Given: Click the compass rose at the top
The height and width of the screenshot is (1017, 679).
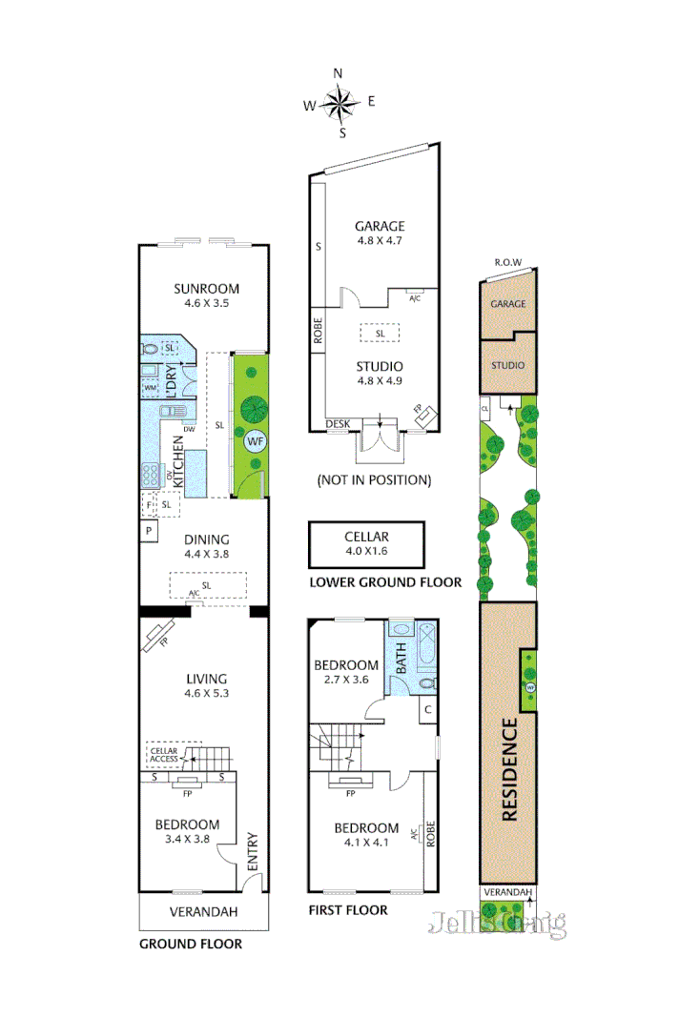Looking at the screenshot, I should click(339, 101).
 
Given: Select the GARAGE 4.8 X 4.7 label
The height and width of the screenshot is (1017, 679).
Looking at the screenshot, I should click(380, 234).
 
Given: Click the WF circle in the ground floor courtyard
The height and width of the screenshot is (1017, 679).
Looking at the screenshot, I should click(255, 441).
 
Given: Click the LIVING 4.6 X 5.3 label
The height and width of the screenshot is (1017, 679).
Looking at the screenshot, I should click(206, 686).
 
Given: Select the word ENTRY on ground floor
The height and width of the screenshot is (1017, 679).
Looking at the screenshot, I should click(252, 851).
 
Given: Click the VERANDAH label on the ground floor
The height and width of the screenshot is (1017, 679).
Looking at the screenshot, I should click(203, 912).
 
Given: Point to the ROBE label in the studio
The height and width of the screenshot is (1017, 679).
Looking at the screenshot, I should click(318, 330).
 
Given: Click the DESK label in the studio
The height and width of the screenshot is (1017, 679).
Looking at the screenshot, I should click(337, 424).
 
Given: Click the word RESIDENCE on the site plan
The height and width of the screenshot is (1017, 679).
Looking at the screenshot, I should click(508, 768).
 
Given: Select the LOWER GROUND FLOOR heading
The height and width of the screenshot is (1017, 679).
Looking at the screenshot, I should click(385, 581).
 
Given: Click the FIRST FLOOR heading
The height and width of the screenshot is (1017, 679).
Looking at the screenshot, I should click(347, 910).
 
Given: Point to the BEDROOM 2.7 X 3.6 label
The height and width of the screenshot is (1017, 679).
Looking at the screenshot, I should click(346, 672).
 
